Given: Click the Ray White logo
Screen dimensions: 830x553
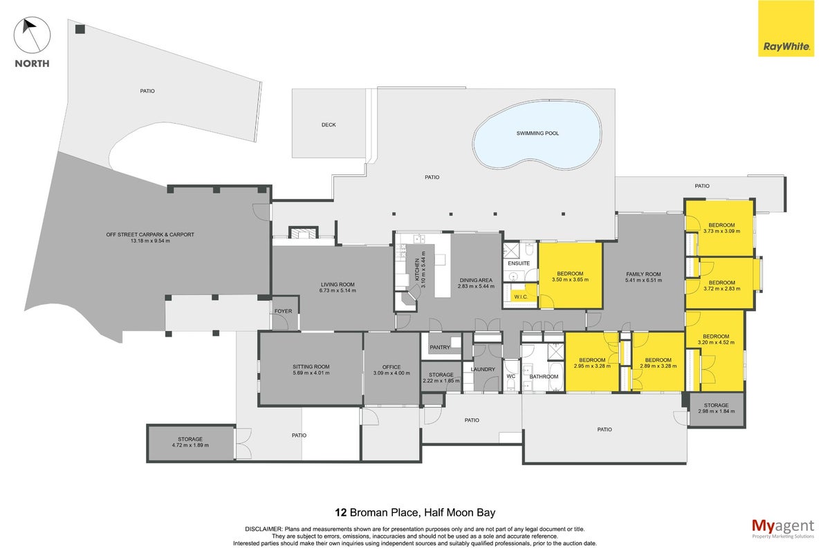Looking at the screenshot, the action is coord(786,28).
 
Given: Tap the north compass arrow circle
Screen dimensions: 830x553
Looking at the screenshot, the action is coord(33,35).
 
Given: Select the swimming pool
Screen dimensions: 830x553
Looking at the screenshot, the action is coord(537,135).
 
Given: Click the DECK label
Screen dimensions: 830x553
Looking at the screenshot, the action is coord(329,125).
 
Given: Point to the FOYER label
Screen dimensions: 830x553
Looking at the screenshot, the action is coord(283,311).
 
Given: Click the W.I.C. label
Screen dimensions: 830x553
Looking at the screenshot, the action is coord(521,297).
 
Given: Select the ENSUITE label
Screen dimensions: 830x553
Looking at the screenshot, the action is coord(519,263).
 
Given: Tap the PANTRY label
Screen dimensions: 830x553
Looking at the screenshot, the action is coord(440,348).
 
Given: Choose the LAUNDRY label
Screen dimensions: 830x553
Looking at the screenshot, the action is coord(483,369).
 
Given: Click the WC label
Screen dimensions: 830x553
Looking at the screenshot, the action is coord(511,376).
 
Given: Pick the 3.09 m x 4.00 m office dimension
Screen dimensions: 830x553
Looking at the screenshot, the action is coord(391,373).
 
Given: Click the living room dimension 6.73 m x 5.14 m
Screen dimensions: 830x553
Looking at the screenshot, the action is coord(338,290).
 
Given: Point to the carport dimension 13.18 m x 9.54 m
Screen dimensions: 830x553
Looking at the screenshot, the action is coord(150,241).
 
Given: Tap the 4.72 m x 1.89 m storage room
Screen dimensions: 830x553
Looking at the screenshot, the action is coord(191,443).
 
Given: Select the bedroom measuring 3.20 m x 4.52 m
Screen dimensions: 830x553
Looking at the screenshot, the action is coord(715,350).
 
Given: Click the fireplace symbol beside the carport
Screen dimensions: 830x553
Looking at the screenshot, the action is coord(304,232).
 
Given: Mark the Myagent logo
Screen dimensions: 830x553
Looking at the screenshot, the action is coord(783,529).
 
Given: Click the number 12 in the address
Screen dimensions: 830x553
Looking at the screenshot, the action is coord(340,513).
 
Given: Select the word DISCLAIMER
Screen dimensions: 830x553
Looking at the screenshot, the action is coord(264,529).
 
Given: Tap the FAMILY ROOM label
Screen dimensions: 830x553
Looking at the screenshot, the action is coord(643,274).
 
